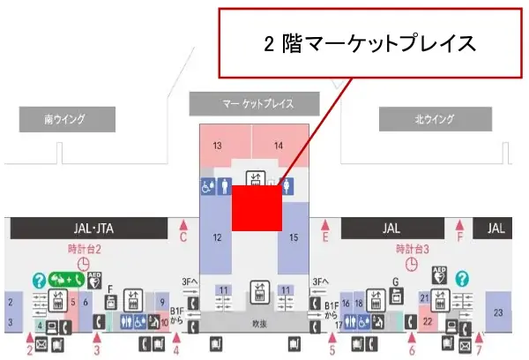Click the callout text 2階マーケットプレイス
click(x=369, y=42)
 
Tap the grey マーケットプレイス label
click(x=253, y=104)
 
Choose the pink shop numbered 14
click(x=279, y=145)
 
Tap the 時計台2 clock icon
click(x=85, y=264)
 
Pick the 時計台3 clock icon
click(x=412, y=264)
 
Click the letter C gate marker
click(x=183, y=236)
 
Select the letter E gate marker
click(x=325, y=237)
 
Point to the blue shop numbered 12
click(x=216, y=237)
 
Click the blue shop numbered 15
click(x=294, y=237)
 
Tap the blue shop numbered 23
click(x=500, y=313)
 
